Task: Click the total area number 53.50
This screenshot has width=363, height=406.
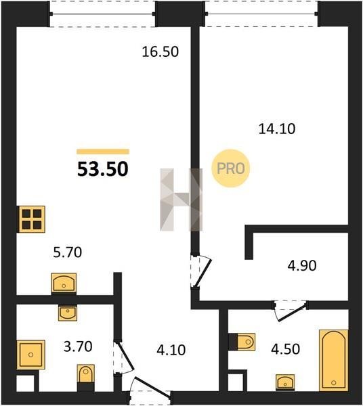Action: click(x=103, y=168)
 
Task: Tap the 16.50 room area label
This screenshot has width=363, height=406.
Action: click(x=161, y=52)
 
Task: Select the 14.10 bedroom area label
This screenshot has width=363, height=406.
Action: click(x=277, y=129)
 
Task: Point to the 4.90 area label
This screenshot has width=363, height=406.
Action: click(x=302, y=266)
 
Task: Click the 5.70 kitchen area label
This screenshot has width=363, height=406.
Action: click(x=68, y=252)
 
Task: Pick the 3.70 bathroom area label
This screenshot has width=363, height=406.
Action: click(x=78, y=346)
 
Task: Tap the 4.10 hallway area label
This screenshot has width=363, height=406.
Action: click(x=171, y=350)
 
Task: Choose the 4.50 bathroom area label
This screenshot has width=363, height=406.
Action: click(x=286, y=348)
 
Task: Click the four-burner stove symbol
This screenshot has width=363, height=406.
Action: click(x=31, y=219)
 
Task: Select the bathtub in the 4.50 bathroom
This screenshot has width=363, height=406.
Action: click(x=333, y=360)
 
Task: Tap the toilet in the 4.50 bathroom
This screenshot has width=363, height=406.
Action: click(x=244, y=342)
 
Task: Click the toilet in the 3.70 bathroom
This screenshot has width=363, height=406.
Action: click(x=86, y=378)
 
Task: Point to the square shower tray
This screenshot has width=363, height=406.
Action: click(x=31, y=355)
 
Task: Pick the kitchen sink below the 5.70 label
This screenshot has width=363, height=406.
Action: click(x=64, y=283)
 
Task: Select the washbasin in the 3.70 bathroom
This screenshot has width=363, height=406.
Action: click(x=68, y=313)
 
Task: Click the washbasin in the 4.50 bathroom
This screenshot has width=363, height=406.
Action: click(x=285, y=382)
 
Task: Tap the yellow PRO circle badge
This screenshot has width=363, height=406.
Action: click(x=230, y=168)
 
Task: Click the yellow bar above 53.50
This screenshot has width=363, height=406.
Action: click(x=103, y=152)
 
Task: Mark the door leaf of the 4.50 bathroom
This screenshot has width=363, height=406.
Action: click(x=292, y=314)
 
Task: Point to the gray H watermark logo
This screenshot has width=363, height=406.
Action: click(x=181, y=200)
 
